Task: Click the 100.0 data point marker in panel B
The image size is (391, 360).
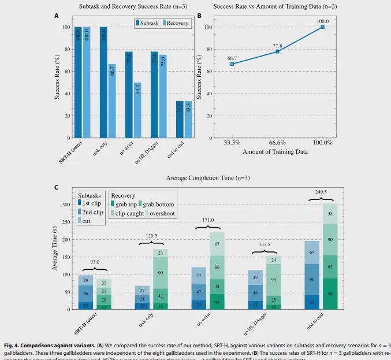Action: [x=322, y=27]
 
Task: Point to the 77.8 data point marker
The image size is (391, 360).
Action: [x=277, y=51]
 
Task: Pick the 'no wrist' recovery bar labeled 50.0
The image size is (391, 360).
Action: [x=137, y=110]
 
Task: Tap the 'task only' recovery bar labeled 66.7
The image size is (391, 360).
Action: [x=113, y=101]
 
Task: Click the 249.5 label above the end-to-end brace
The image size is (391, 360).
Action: [x=322, y=191]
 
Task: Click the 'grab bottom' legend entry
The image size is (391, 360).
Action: [x=157, y=204]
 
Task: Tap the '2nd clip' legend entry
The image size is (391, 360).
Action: [x=91, y=212]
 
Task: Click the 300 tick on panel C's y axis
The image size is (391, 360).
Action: [x=65, y=205]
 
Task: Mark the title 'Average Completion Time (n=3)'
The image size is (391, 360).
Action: [x=207, y=177]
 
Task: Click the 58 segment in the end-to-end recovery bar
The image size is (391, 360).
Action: [x=330, y=213]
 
